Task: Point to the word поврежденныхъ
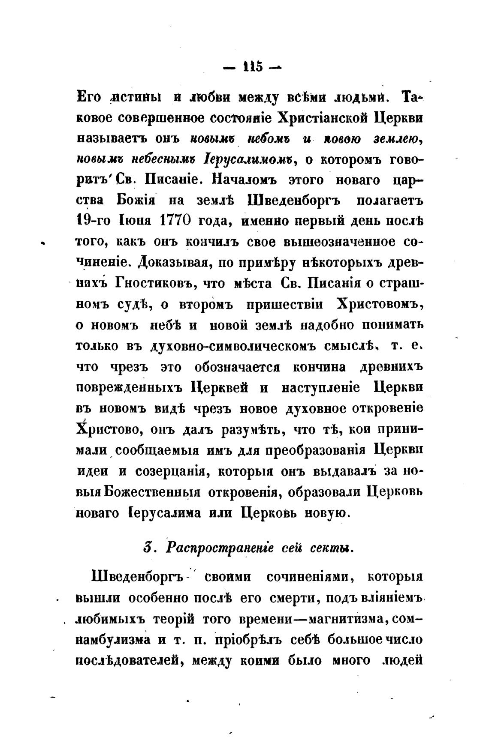tap(130, 388)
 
